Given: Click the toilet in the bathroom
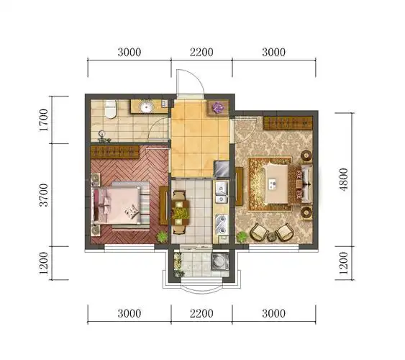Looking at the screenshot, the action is (x=111, y=109).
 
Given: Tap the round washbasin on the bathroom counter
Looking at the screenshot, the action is (x=147, y=107).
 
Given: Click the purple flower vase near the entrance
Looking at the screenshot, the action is (x=218, y=107).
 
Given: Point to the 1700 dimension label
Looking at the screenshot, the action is (x=44, y=120).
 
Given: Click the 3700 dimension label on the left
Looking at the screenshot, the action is (x=44, y=195).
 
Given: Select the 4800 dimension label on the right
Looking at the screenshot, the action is (x=344, y=179).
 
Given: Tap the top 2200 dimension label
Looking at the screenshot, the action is (x=201, y=53).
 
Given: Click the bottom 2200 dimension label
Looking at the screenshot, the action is (x=201, y=313).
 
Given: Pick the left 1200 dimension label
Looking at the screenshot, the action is (x=44, y=264).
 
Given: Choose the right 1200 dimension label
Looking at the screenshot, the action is (x=344, y=264).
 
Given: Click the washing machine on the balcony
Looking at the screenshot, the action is (x=220, y=261).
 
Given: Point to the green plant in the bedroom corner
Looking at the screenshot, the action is (x=162, y=236).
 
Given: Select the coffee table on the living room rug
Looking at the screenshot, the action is (x=276, y=184).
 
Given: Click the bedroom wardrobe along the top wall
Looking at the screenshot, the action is (x=115, y=152).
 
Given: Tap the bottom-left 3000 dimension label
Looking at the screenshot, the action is (x=129, y=313).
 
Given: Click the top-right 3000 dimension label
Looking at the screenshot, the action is (x=274, y=53).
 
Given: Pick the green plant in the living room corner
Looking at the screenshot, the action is (x=242, y=236).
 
